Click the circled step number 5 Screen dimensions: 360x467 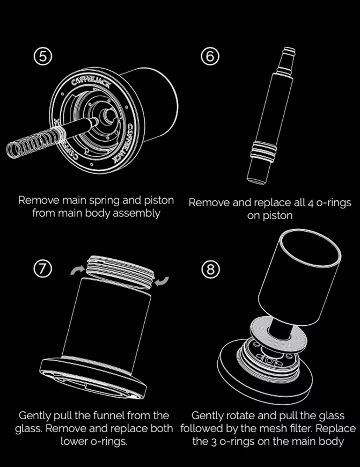[x=43, y=56]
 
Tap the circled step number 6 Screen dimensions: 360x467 [x=210, y=56]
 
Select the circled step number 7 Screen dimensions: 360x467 [x=43, y=268]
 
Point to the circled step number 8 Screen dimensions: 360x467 [x=210, y=269]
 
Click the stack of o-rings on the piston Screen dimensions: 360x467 [x=263, y=151]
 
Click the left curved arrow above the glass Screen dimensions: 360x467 [x=77, y=270]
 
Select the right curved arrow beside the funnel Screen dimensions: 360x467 [x=161, y=281]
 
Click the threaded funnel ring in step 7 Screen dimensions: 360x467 [x=120, y=272]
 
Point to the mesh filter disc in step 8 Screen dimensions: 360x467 [x=278, y=335]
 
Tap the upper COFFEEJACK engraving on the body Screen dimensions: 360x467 [x=91, y=82]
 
